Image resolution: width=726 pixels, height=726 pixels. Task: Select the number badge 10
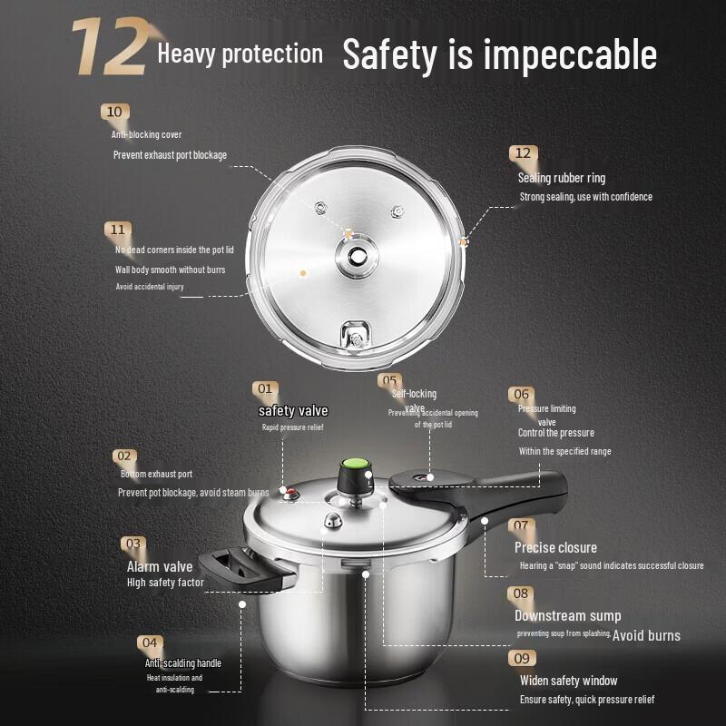click(114, 113)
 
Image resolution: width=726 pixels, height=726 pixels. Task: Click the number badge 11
click(119, 230)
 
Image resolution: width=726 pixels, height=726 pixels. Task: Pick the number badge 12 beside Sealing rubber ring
click(522, 153)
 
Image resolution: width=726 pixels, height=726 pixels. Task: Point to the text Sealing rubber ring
click(561, 178)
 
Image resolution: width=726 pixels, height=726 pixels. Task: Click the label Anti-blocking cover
click(146, 135)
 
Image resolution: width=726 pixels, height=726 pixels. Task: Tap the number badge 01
click(264, 388)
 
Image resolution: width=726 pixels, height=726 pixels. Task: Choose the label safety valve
click(292, 411)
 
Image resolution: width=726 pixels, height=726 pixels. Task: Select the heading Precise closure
click(555, 547)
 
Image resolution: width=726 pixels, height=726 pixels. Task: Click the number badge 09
click(521, 658)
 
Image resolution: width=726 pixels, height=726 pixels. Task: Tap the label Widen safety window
click(568, 681)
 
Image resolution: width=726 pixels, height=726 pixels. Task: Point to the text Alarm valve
click(160, 567)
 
